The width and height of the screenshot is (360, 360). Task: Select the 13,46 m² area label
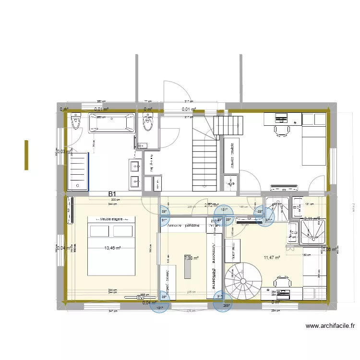point(113,248)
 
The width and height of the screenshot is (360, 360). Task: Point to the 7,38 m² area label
point(191,258)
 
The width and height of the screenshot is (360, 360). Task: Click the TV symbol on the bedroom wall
point(71,210)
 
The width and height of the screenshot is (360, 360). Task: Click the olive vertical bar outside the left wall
point(26,155)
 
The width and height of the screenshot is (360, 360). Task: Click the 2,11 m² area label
point(312,219)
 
